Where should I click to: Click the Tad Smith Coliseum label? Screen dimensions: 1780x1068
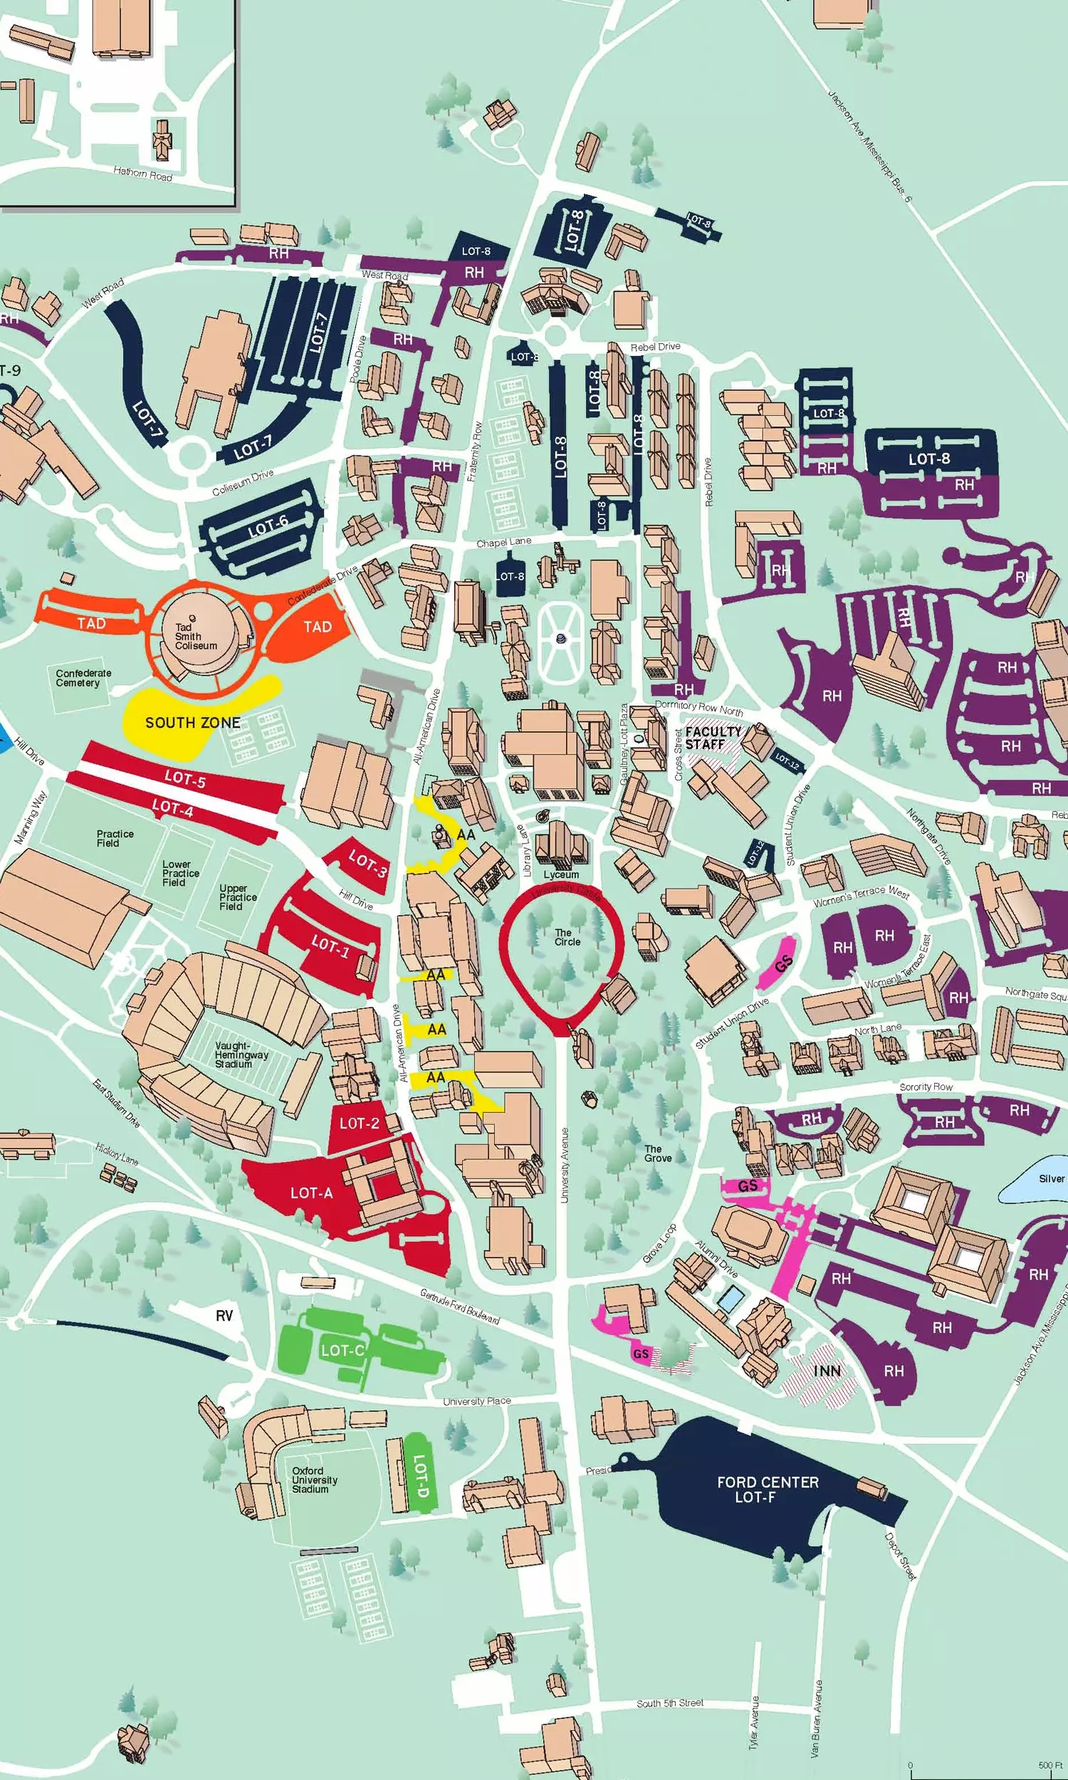(x=195, y=636)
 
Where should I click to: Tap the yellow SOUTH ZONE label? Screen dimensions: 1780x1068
(x=192, y=723)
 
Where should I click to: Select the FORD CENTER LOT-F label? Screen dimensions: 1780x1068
(x=767, y=1490)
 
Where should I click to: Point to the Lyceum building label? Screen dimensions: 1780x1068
(x=560, y=874)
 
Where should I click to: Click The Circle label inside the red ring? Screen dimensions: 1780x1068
(x=566, y=937)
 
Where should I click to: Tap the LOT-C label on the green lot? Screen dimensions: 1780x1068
(x=342, y=1351)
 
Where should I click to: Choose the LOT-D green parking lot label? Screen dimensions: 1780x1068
(x=421, y=1475)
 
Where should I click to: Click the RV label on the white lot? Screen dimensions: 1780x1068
(x=224, y=1316)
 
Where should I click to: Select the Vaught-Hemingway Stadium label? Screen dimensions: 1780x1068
(x=241, y=1054)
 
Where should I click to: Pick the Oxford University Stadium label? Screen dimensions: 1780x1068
(x=314, y=1480)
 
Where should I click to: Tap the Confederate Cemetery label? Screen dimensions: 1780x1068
(x=83, y=678)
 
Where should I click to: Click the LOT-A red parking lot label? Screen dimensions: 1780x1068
(x=311, y=1193)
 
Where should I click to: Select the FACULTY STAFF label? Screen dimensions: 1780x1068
(x=712, y=738)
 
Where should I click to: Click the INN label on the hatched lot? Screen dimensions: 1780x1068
(x=827, y=1371)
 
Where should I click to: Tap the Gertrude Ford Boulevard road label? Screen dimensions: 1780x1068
(x=460, y=1306)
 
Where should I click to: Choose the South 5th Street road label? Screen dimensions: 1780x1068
(x=669, y=1703)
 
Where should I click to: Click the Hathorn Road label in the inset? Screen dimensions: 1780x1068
(x=142, y=173)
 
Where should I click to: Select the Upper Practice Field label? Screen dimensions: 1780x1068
(x=238, y=897)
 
